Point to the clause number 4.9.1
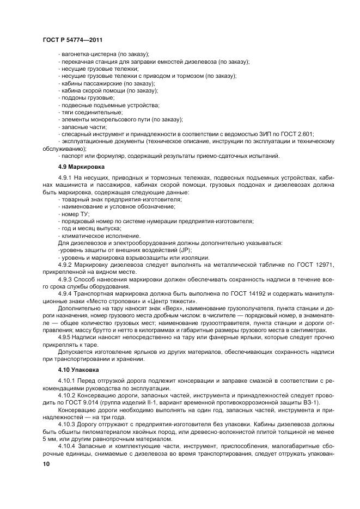click(64, 179)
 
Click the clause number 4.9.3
click(64, 278)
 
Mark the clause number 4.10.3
click(66, 423)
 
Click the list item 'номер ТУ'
click(75, 214)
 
